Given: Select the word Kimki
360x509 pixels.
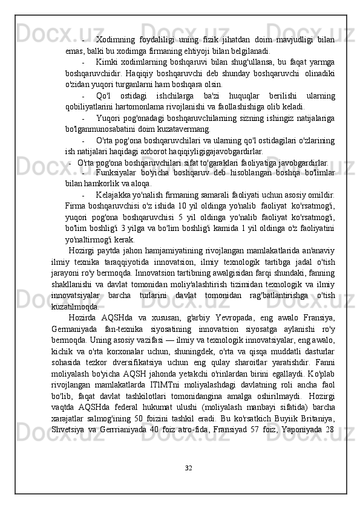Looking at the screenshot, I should click(106, 63).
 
